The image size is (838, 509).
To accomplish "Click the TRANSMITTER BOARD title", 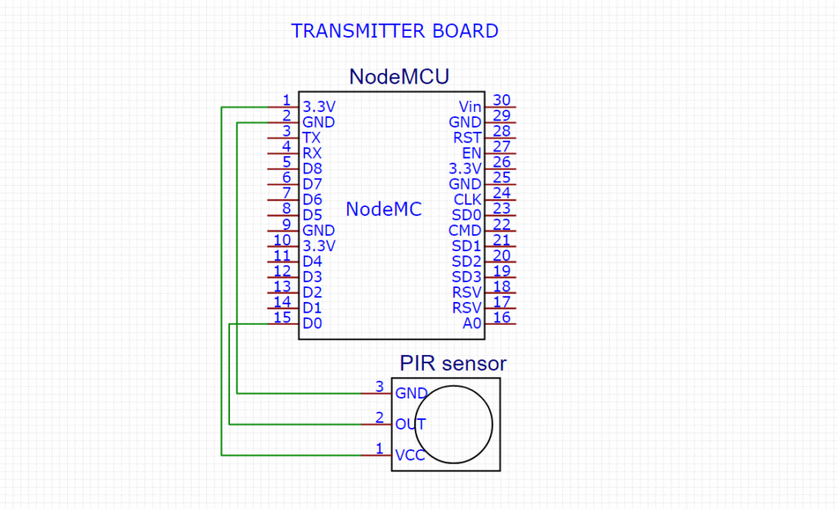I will pyautogui.click(x=394, y=31).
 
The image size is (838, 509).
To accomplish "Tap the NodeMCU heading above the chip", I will pyautogui.click(x=399, y=77).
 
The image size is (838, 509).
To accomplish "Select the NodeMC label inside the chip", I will pyautogui.click(x=383, y=209).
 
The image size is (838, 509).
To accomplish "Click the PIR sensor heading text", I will pyautogui.click(x=453, y=363).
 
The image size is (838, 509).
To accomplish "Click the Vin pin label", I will pyautogui.click(x=470, y=106).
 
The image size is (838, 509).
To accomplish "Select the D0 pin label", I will pyautogui.click(x=312, y=324).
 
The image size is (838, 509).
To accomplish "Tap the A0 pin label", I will pyautogui.click(x=472, y=324).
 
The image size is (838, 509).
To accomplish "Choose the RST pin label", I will pyautogui.click(x=467, y=137).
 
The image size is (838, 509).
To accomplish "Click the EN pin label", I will pyautogui.click(x=471, y=153).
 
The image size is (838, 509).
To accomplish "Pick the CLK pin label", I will pyautogui.click(x=467, y=200).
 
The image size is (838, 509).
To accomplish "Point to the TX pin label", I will pyautogui.click(x=311, y=137).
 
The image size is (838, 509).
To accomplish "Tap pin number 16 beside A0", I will pyautogui.click(x=502, y=318).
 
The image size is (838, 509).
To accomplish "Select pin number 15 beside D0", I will pyautogui.click(x=282, y=318).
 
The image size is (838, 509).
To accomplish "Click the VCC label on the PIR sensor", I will pyautogui.click(x=409, y=456).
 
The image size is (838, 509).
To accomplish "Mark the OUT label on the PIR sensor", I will pyautogui.click(x=409, y=425).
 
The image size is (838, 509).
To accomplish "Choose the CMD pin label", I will pyautogui.click(x=465, y=231).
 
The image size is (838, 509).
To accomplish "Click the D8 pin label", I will pyautogui.click(x=312, y=169).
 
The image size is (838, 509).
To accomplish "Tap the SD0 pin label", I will pyautogui.click(x=466, y=215).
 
